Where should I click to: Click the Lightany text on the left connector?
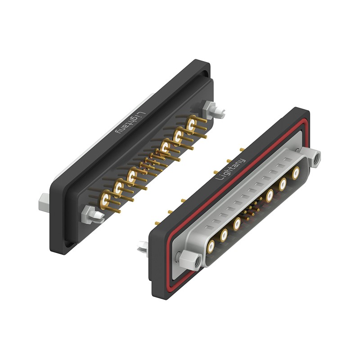[x=130, y=123]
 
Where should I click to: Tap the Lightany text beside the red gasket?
[x=230, y=169]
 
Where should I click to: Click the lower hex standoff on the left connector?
[x=92, y=215]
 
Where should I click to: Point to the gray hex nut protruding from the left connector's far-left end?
[x=44, y=203]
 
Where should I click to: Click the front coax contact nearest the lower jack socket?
[x=211, y=247]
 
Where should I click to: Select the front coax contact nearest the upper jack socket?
[x=296, y=173]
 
